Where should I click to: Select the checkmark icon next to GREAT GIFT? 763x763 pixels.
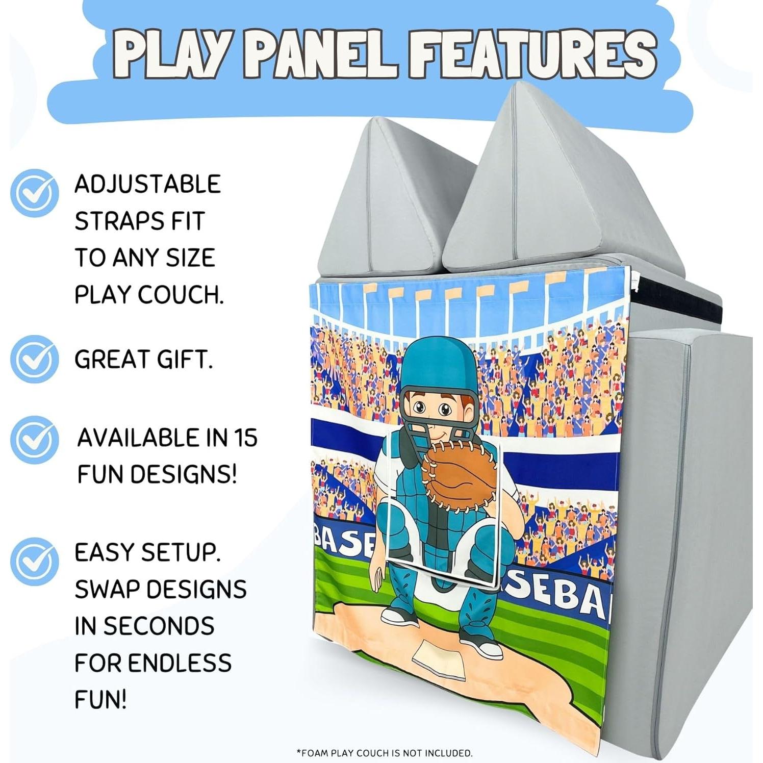point(34,359)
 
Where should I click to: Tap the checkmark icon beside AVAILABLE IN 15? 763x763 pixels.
point(34,440)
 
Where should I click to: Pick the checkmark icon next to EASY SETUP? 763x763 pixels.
point(34,561)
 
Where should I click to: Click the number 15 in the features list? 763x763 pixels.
point(245,438)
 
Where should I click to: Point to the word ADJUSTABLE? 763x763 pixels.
point(147,184)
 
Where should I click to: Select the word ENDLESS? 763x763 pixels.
point(179,663)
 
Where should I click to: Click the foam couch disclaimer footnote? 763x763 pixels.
point(385,753)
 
